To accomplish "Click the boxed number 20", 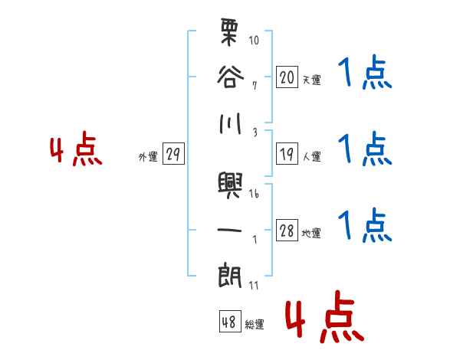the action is pyautogui.click(x=287, y=77).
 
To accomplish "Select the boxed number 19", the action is pyautogui.click(x=287, y=153).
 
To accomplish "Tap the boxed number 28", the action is pyautogui.click(x=287, y=231).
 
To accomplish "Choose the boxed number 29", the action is pyautogui.click(x=173, y=154).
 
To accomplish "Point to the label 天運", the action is pyautogui.click(x=311, y=80).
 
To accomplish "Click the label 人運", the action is pyautogui.click(x=311, y=156).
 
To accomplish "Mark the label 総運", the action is pyautogui.click(x=255, y=324).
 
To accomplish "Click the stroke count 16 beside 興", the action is pyautogui.click(x=255, y=193).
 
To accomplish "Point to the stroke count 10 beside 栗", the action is pyautogui.click(x=255, y=39).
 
